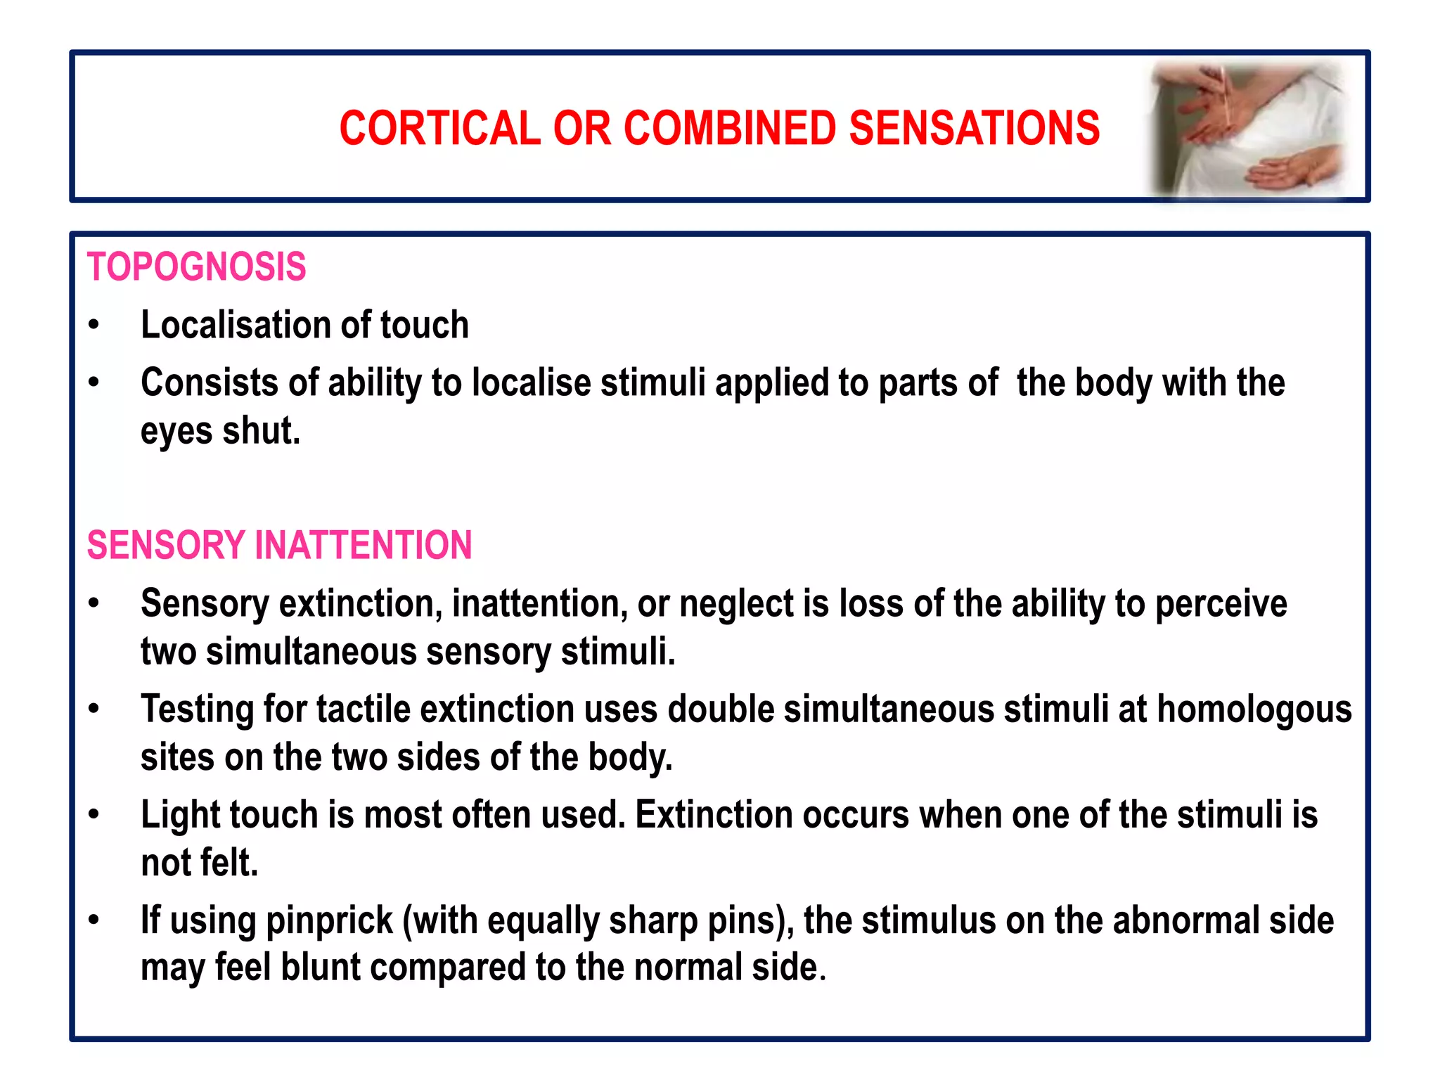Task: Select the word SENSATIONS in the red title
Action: click(x=974, y=129)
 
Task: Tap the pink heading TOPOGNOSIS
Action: click(x=196, y=267)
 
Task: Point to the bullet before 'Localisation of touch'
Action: click(x=94, y=326)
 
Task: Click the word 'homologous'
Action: click(x=1254, y=709)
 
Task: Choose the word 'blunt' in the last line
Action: click(x=321, y=967)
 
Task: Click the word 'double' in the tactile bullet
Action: click(x=720, y=709)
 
